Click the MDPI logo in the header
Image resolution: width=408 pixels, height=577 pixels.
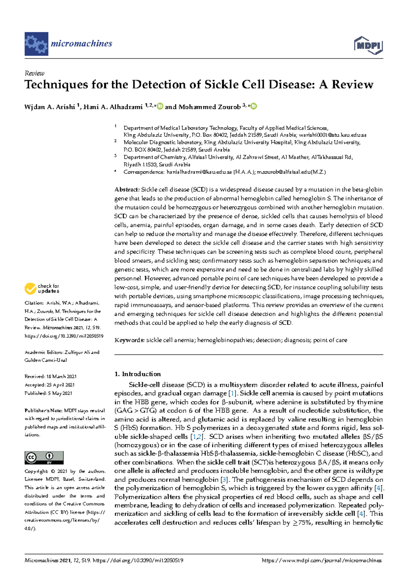click(x=368, y=45)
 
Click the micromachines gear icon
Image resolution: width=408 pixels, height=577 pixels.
click(x=36, y=44)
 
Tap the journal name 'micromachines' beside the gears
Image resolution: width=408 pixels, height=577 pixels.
click(x=81, y=44)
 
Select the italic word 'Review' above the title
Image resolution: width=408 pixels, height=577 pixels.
click(x=34, y=73)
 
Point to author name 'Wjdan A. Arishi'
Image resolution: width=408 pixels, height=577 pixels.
click(x=50, y=107)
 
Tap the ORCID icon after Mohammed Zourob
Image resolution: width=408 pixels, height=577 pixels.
click(x=254, y=106)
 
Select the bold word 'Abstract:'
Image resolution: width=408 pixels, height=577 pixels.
click(x=127, y=189)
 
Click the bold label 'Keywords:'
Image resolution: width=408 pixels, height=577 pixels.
click(x=130, y=340)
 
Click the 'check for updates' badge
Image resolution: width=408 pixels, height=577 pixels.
click(x=42, y=288)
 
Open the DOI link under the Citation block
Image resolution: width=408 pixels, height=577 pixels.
click(x=64, y=336)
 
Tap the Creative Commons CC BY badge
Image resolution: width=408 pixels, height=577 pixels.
click(x=44, y=458)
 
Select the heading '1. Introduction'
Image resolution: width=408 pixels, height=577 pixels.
click(x=137, y=374)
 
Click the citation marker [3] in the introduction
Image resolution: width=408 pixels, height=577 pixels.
click(x=224, y=480)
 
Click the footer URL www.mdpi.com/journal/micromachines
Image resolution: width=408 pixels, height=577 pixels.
click(x=322, y=560)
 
